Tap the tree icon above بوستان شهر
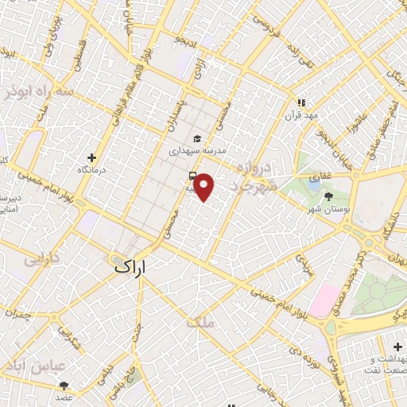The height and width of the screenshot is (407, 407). point(330,196)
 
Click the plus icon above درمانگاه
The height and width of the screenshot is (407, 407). point(93,157)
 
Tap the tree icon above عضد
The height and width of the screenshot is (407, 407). point(64,385)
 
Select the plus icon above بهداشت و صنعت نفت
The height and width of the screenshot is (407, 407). point(397,347)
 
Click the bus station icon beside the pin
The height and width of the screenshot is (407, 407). point(192,176)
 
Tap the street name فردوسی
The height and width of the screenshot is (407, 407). point(266,23)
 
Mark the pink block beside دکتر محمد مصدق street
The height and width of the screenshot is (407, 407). point(324,298)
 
